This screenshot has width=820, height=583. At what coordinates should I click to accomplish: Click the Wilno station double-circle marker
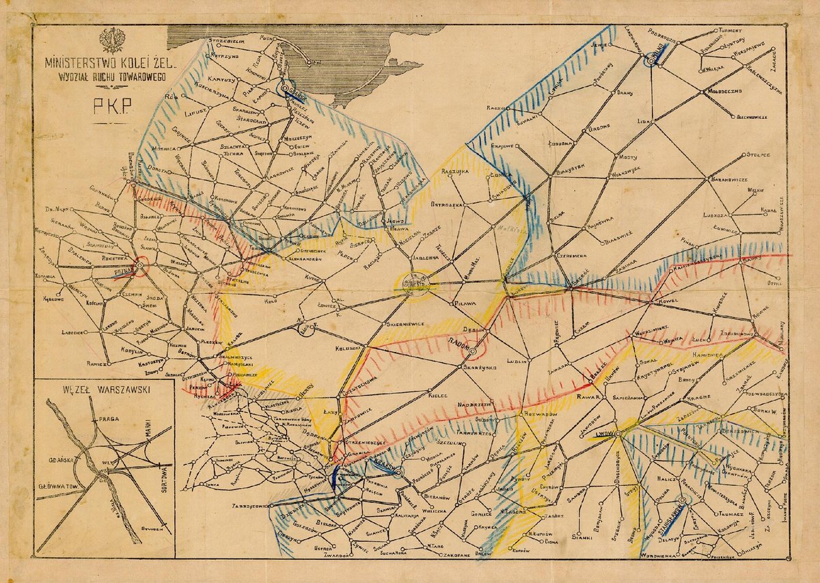pos(652,59)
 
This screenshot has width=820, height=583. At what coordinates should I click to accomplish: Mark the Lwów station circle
pos(617,434)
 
